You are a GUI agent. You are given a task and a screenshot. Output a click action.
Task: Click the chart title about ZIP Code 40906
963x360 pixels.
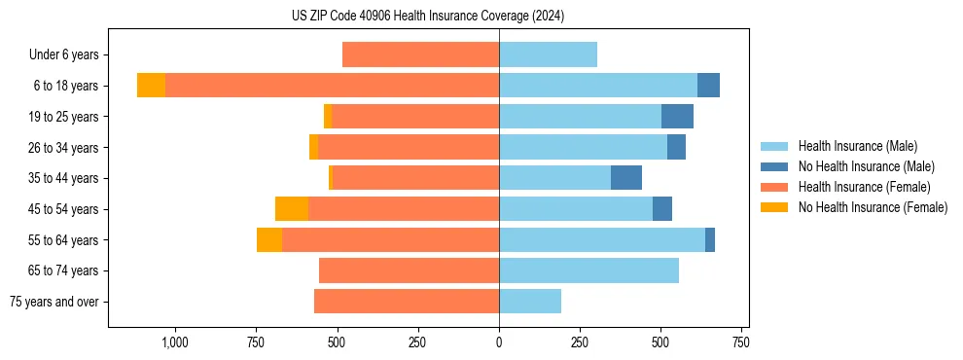pyautogui.click(x=428, y=17)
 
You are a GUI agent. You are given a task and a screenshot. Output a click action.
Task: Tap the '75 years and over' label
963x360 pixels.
pyautogui.click(x=54, y=302)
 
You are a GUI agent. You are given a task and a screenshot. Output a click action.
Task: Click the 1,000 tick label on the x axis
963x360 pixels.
pyautogui.click(x=174, y=342)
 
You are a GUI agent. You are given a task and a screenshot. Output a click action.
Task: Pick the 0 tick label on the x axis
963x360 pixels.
pyautogui.click(x=499, y=342)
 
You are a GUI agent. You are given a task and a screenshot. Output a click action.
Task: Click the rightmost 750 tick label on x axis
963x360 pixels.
pyautogui.click(x=741, y=342)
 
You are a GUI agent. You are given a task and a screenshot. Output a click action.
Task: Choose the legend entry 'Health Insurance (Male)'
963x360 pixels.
pyautogui.click(x=857, y=146)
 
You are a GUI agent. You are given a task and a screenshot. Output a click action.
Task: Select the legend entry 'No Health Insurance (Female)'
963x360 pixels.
pyautogui.click(x=873, y=207)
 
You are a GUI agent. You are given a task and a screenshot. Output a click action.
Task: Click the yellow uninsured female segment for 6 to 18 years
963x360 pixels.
pyautogui.click(x=151, y=86)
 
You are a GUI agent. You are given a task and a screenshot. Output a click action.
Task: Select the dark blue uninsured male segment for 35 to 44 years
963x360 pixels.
pyautogui.click(x=626, y=178)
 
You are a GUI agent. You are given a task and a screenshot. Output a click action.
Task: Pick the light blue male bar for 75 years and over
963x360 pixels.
pyautogui.click(x=530, y=302)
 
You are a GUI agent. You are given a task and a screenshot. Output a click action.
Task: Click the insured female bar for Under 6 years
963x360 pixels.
pyautogui.click(x=420, y=54)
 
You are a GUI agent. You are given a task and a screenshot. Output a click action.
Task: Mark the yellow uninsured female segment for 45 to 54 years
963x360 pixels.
pyautogui.click(x=292, y=209)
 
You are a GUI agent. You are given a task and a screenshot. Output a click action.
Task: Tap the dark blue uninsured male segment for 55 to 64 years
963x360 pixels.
pyautogui.click(x=710, y=239)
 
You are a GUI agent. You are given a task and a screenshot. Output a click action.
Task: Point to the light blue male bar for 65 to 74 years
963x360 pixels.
pyautogui.click(x=588, y=270)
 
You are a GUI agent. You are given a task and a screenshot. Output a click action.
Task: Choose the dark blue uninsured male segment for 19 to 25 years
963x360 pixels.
pyautogui.click(x=677, y=117)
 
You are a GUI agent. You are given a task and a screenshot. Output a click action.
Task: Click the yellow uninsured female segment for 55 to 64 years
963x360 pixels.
pyautogui.click(x=269, y=239)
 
